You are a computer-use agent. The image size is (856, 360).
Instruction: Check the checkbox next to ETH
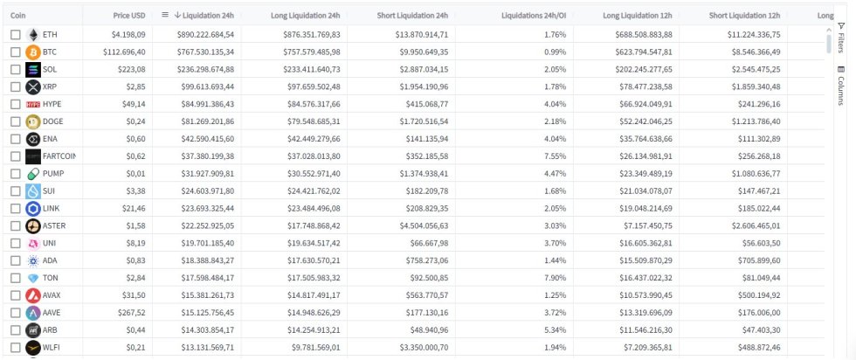pyautogui.click(x=16, y=34)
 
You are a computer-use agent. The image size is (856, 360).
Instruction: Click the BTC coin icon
pyautogui.click(x=33, y=52)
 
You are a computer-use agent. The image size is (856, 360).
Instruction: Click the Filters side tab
pyautogui.click(x=840, y=38)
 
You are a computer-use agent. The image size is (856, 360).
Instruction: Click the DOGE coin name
pyautogui.click(x=54, y=121)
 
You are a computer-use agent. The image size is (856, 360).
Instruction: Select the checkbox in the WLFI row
pyautogui.click(x=16, y=348)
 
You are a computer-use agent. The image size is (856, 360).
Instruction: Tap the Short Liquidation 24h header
pyautogui.click(x=412, y=16)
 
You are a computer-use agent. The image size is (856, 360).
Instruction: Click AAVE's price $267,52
pyautogui.click(x=128, y=313)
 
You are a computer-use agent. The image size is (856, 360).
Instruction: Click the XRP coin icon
pyautogui.click(x=33, y=87)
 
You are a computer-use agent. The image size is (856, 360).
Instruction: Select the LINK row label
pyautogui.click(x=52, y=209)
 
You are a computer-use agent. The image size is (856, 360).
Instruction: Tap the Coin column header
pyautogui.click(x=18, y=16)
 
